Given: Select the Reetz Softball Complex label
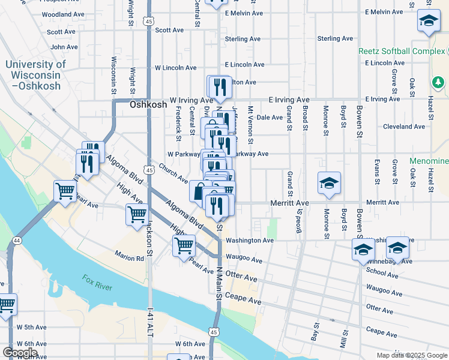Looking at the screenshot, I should pyautogui.click(x=402, y=51).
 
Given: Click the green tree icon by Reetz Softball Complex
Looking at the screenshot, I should pyautogui.click(x=438, y=83).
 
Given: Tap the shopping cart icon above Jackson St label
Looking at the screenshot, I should pyautogui.click(x=137, y=214).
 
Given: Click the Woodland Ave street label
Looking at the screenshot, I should pyautogui.click(x=63, y=14).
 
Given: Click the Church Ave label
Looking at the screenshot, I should pyautogui.click(x=173, y=173).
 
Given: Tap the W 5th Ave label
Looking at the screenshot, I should pyautogui.click(x=31, y=328).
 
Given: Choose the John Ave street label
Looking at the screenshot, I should pyautogui.click(x=64, y=47).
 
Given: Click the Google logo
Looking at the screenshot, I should pyautogui.click(x=20, y=352).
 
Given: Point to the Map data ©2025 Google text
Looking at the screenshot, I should pyautogui.click(x=411, y=355).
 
